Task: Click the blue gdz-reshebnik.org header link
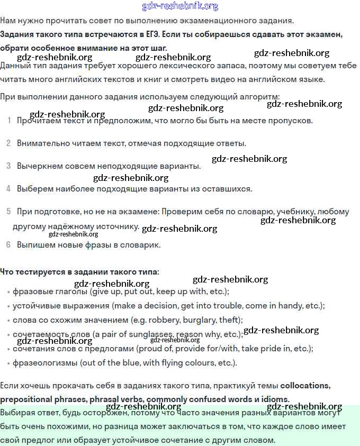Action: tap(180, 6)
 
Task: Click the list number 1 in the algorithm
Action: tap(9, 120)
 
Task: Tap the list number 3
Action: tap(8, 166)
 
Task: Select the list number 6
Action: tap(8, 245)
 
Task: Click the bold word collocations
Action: tap(305, 385)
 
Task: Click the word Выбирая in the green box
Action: tap(19, 412)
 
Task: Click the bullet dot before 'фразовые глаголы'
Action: tap(8, 292)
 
